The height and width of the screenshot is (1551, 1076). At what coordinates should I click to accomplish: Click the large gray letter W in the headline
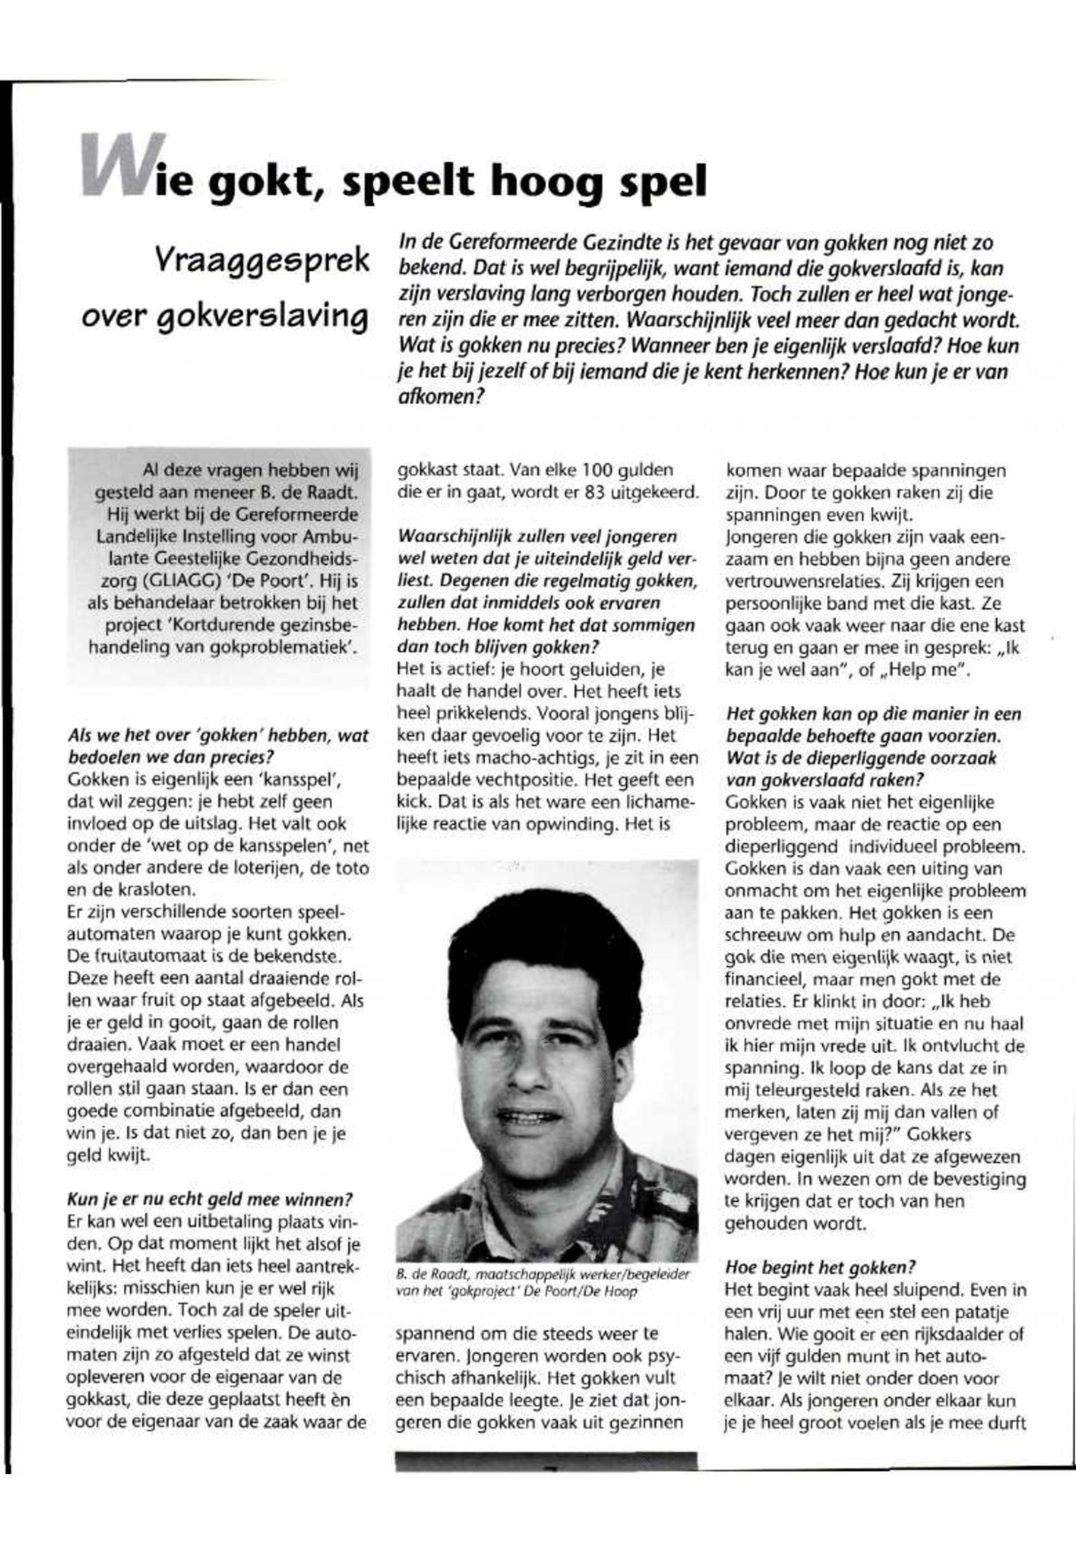pyautogui.click(x=122, y=165)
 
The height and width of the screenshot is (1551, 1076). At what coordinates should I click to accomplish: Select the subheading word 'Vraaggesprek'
pyautogui.click(x=262, y=260)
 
